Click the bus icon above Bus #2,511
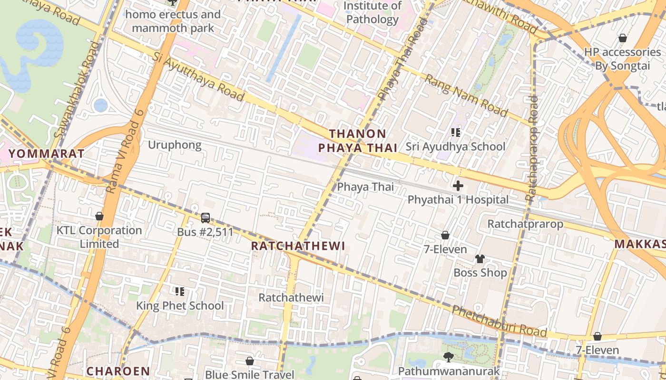(x=206, y=218)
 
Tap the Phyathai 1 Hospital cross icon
(x=458, y=186)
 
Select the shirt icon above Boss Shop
(x=480, y=259)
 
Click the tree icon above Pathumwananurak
(x=448, y=357)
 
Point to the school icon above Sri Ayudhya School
(x=456, y=133)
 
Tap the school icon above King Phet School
(x=179, y=291)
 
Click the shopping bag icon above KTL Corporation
(x=99, y=216)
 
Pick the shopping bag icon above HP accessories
(x=622, y=38)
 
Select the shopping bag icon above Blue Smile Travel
(x=250, y=361)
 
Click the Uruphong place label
(x=175, y=145)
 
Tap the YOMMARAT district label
(x=47, y=154)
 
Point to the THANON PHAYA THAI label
(x=358, y=141)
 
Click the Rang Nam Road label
(x=466, y=95)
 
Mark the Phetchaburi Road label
(x=499, y=321)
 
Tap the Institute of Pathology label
(x=372, y=13)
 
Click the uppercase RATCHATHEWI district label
(x=298, y=246)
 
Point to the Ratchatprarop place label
(x=525, y=224)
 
